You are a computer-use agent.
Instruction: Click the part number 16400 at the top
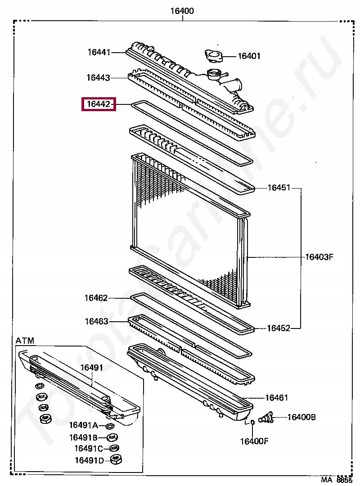(x=182, y=11)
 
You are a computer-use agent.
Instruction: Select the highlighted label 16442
(x=98, y=104)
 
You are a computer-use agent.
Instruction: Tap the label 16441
(x=99, y=53)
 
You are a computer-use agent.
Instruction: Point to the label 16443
(x=98, y=78)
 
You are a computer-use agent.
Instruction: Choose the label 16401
(x=249, y=56)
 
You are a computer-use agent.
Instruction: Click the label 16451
(x=279, y=188)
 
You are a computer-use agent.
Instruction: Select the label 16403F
(x=319, y=257)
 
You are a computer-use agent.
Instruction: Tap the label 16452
(x=279, y=328)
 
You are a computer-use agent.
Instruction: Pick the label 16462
(x=96, y=298)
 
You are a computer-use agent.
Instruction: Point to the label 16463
(x=96, y=321)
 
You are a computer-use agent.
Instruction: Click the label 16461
(x=276, y=398)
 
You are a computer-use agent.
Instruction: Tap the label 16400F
(x=254, y=441)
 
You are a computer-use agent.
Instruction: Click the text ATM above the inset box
(x=25, y=341)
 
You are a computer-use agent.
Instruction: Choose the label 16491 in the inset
(x=92, y=368)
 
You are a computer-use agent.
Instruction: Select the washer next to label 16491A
(x=110, y=426)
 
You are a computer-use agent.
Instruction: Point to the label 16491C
(x=89, y=449)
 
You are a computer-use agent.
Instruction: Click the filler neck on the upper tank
(x=213, y=73)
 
